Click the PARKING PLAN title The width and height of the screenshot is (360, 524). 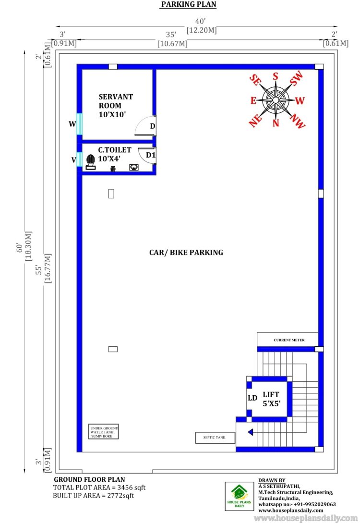point(189,4)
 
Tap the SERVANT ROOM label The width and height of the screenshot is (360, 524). point(116,101)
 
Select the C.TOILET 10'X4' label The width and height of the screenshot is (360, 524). point(115,154)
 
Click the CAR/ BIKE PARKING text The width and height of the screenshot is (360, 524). point(186,253)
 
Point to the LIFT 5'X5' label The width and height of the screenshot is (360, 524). point(271,399)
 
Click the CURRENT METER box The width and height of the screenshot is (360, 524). point(288,340)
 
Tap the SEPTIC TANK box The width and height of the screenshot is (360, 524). point(215,438)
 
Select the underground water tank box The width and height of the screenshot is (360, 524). point(104,432)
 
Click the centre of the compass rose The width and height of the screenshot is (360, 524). point(276,100)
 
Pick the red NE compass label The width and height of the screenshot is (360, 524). point(255,121)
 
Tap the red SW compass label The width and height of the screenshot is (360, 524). point(296,78)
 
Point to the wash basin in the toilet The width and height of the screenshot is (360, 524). point(134,167)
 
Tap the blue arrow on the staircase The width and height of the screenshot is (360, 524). point(251,432)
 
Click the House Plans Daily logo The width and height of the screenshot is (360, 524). point(240,496)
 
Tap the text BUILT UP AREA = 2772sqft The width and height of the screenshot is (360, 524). point(93,496)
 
